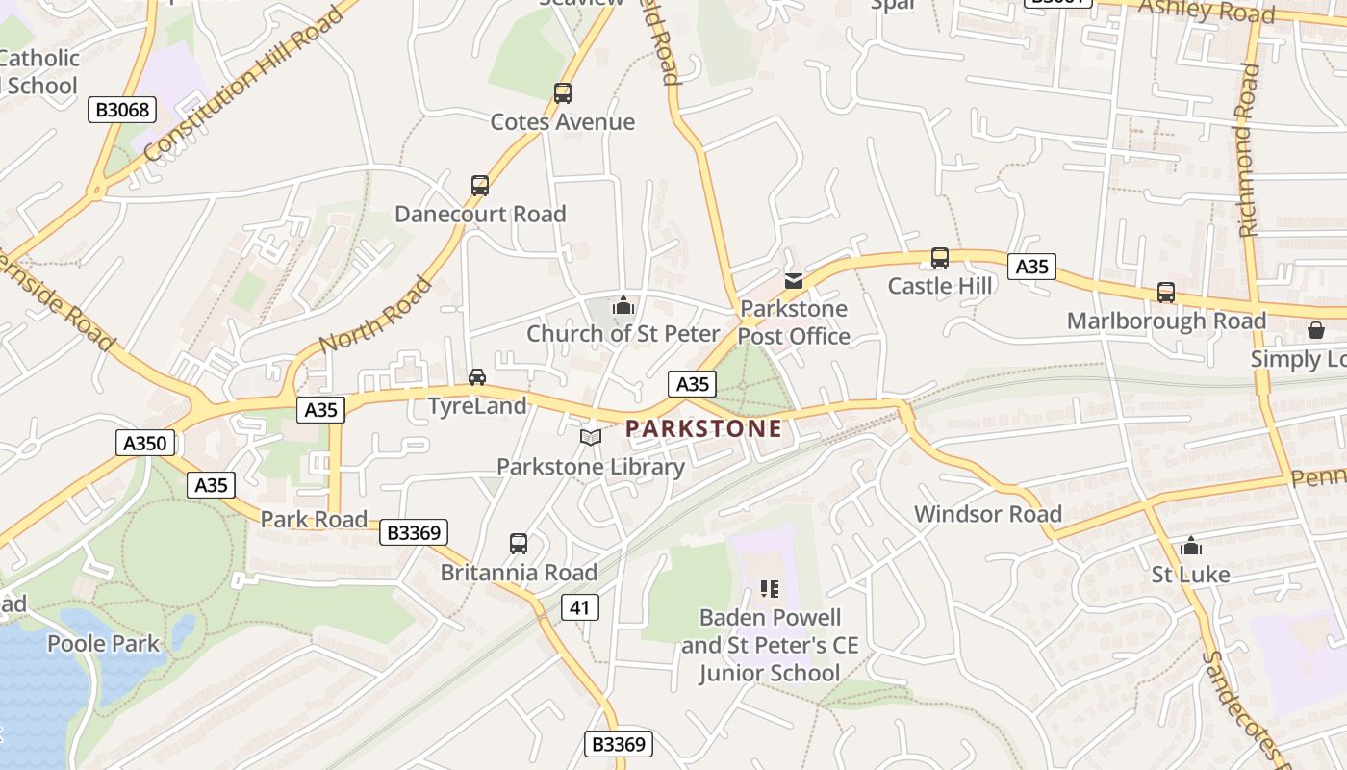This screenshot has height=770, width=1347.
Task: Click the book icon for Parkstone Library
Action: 591,437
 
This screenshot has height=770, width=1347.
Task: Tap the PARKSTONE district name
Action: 704,428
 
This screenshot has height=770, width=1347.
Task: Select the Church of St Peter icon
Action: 623,306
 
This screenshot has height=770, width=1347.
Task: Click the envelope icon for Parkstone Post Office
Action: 794,281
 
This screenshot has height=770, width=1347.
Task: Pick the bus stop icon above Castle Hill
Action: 940,258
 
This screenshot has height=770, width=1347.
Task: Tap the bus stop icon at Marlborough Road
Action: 1166,293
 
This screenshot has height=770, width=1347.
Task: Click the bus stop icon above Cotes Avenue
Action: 563,93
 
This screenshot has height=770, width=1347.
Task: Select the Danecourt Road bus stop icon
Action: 479,185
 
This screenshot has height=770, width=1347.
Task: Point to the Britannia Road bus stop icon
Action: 519,544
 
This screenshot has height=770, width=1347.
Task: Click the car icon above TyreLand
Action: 477,376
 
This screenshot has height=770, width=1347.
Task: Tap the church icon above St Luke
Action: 1191,546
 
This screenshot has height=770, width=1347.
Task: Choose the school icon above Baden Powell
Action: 769,588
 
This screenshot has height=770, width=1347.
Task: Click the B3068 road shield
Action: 123,110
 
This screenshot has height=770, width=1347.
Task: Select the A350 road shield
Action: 146,444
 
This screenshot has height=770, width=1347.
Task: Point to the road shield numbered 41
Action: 579,607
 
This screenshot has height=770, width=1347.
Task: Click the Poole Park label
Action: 103,643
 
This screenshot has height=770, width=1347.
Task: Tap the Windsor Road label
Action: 988,514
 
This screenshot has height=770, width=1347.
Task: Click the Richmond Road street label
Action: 1249,150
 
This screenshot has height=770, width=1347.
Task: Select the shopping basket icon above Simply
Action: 1315,330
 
